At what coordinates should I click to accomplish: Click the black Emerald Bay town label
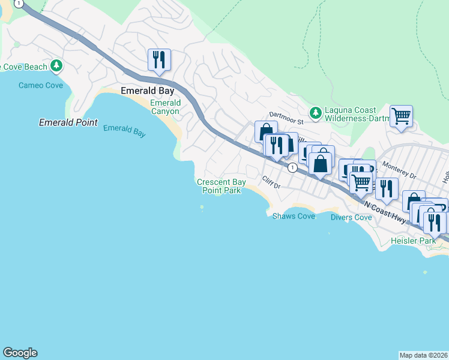click(x=148, y=91)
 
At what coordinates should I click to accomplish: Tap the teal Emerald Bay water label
click(x=124, y=131)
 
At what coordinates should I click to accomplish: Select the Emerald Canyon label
click(x=164, y=107)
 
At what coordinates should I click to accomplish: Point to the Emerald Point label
click(x=68, y=122)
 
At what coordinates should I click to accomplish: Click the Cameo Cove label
click(x=40, y=85)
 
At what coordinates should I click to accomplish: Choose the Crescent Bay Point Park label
click(x=221, y=186)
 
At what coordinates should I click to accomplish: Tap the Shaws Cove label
click(x=294, y=216)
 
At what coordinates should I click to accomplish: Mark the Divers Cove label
click(x=351, y=217)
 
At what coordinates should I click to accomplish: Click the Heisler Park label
click(x=412, y=241)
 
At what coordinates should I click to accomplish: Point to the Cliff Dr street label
click(x=271, y=182)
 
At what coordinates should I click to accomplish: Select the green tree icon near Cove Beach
click(x=56, y=65)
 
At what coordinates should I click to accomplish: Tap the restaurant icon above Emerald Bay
click(x=159, y=60)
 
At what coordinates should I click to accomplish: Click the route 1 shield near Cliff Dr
click(x=292, y=167)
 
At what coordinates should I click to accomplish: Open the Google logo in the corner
click(x=20, y=353)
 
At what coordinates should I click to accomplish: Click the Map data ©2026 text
click(x=424, y=355)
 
